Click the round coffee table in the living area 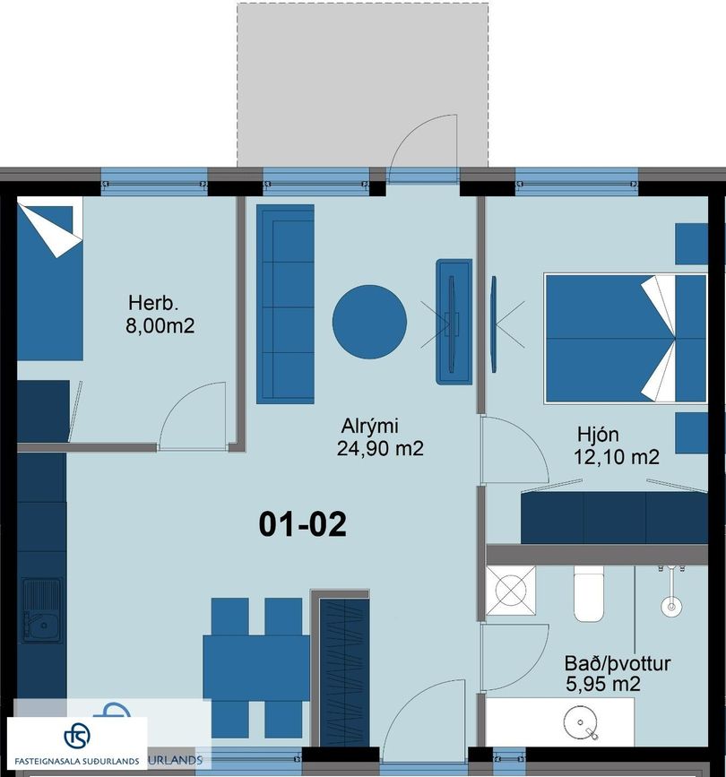pyautogui.click(x=369, y=322)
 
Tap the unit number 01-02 pyautogui.click(x=302, y=524)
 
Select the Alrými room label pyautogui.click(x=369, y=426)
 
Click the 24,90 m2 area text pyautogui.click(x=380, y=448)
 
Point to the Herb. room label pyautogui.click(x=152, y=302)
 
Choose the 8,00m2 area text pyautogui.click(x=160, y=326)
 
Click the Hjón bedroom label pyautogui.click(x=598, y=435)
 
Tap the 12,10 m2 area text pyautogui.click(x=616, y=457)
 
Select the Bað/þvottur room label pyautogui.click(x=618, y=663)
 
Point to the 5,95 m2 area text pyautogui.click(x=602, y=685)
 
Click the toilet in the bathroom pyautogui.click(x=589, y=593)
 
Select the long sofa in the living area pyautogui.click(x=285, y=304)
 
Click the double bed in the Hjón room pyautogui.click(x=626, y=339)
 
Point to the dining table pyautogui.click(x=256, y=668)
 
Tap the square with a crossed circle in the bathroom pyautogui.click(x=511, y=591)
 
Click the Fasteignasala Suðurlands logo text pyautogui.click(x=77, y=761)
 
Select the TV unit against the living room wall pyautogui.click(x=454, y=321)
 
